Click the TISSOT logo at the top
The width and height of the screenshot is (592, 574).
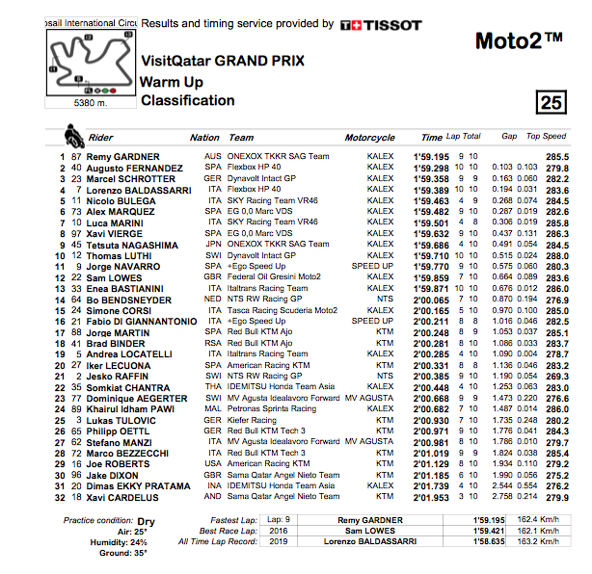381,24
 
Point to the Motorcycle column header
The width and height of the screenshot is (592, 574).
370,138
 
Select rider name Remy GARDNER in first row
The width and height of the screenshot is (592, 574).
116,156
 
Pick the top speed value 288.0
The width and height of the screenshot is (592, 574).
556,256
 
